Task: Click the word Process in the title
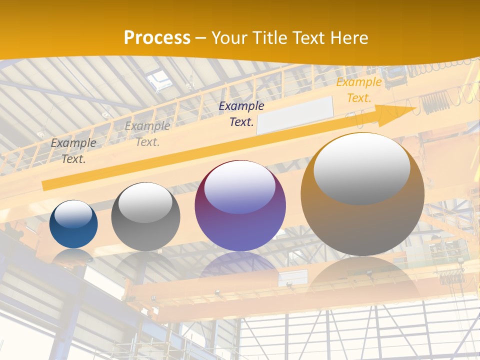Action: click(157, 38)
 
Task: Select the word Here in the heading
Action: click(348, 38)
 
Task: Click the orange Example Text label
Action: click(358, 90)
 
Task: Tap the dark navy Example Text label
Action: click(241, 113)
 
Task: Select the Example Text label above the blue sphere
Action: click(73, 150)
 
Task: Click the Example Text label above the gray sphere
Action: click(147, 133)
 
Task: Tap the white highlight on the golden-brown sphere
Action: click(361, 169)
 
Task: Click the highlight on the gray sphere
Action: click(145, 202)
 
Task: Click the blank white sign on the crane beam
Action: click(295, 115)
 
